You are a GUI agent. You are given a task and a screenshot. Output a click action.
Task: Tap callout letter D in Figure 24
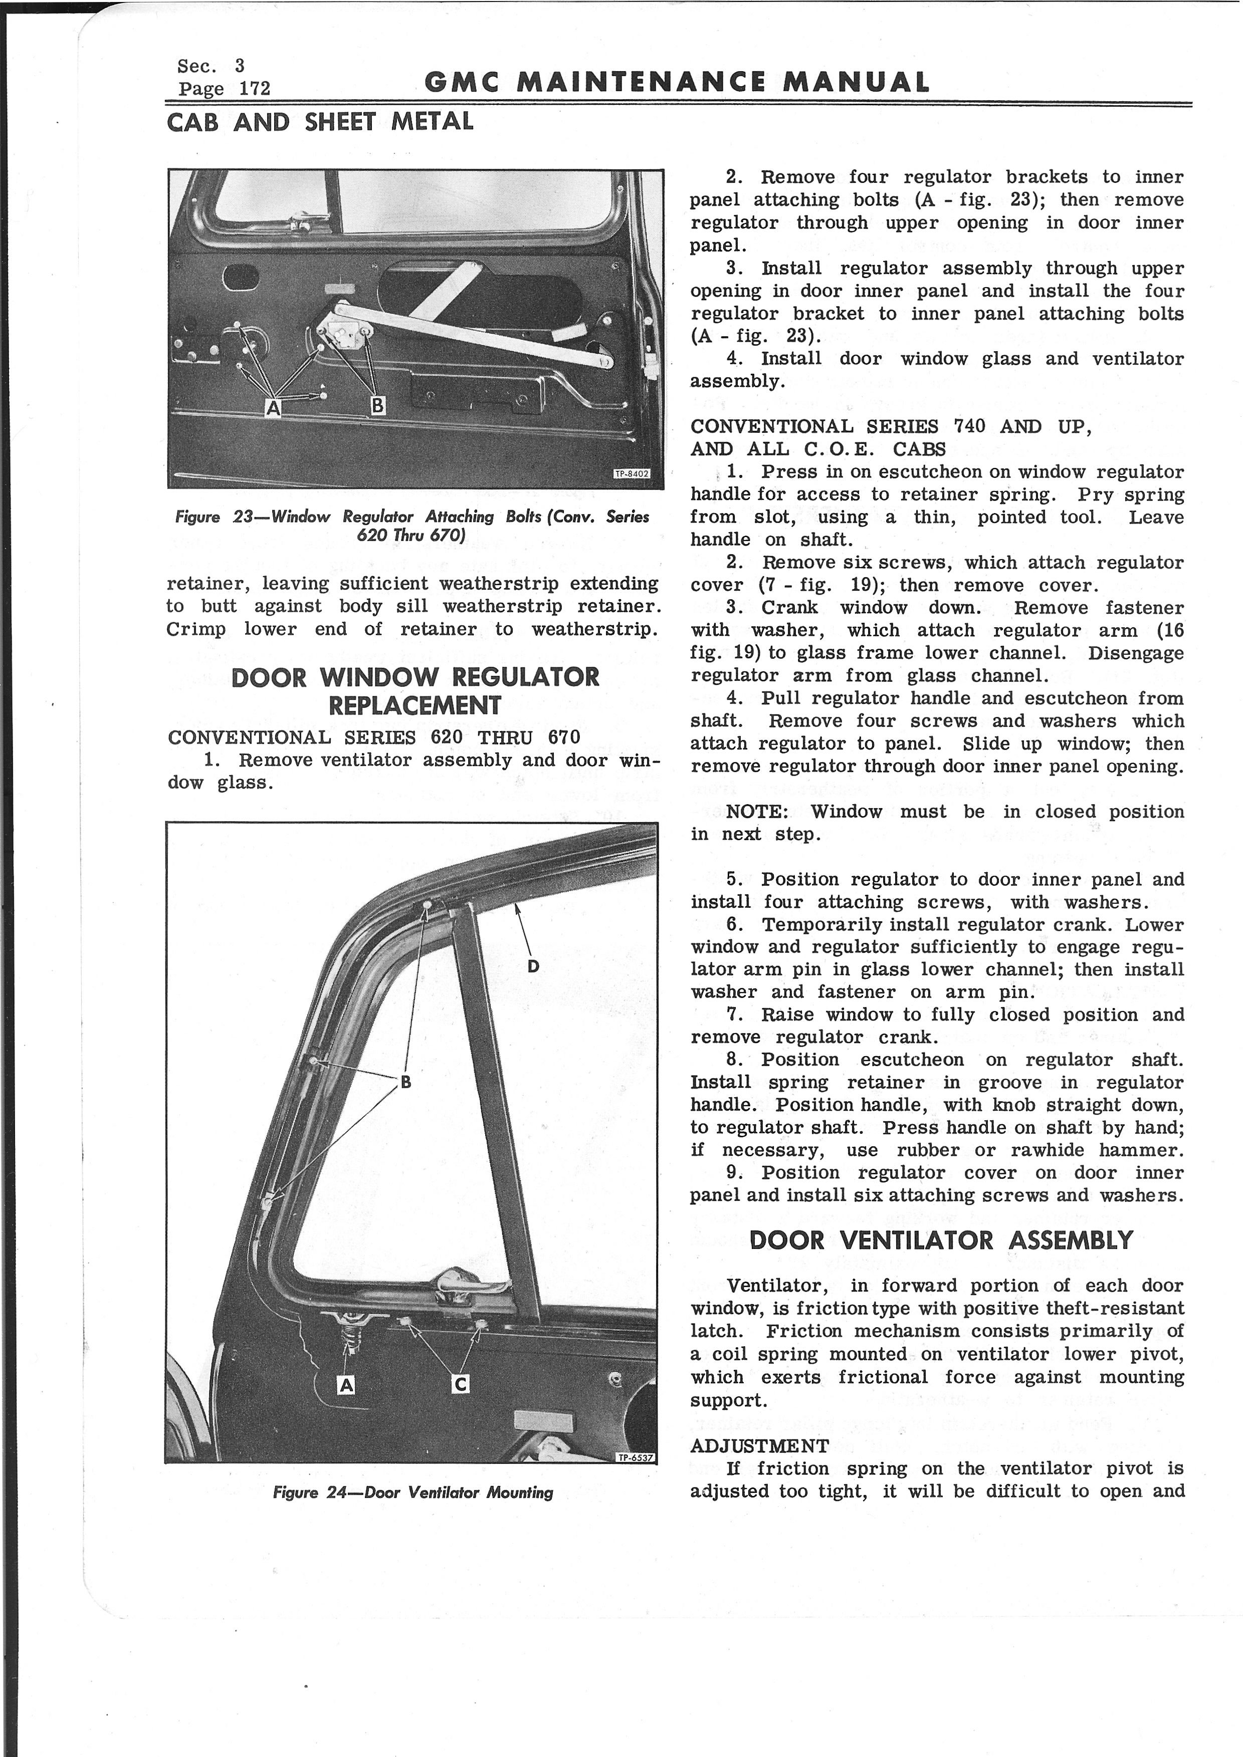(533, 966)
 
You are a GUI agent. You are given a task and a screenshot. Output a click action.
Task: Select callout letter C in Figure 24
(460, 1384)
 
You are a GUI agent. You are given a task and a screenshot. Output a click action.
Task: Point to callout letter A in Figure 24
(346, 1384)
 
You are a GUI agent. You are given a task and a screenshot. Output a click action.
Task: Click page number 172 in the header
(255, 89)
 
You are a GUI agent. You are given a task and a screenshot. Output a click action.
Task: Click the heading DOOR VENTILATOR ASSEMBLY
(941, 1240)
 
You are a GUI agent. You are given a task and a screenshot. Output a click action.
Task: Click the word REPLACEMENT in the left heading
(415, 705)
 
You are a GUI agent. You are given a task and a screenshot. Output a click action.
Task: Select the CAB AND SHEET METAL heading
(320, 122)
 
